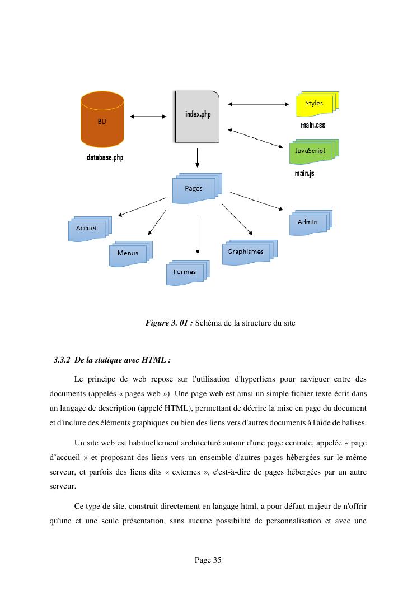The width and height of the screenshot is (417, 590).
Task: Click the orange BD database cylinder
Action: coord(102,120)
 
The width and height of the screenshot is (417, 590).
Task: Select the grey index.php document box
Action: coord(197,116)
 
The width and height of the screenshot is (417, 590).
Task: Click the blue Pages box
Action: coord(194,189)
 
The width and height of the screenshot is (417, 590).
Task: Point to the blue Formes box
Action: coord(185,272)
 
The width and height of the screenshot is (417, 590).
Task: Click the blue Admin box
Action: coord(308,222)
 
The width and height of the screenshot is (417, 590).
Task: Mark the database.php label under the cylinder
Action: coord(105,157)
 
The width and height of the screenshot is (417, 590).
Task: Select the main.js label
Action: coord(304,174)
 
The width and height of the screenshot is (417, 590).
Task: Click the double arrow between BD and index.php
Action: coord(148,117)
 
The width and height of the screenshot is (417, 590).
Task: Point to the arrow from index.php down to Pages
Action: coord(198,157)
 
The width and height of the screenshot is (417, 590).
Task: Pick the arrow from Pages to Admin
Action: coord(256,201)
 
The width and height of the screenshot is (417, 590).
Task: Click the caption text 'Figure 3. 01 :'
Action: coord(169,323)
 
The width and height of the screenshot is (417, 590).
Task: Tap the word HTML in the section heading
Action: coord(156,360)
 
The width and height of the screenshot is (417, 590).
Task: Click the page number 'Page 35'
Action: coord(208,560)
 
